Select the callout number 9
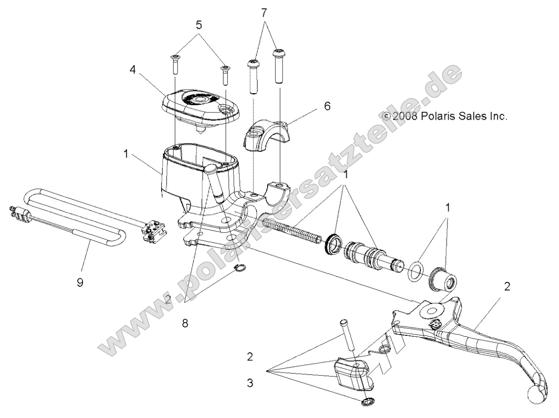(x=80, y=282)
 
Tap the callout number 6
(x=327, y=106)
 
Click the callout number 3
(x=250, y=383)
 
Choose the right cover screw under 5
(x=225, y=74)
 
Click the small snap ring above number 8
(x=239, y=280)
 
